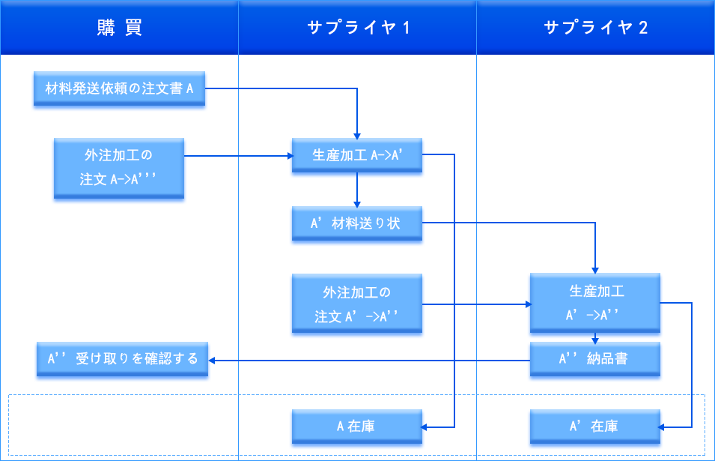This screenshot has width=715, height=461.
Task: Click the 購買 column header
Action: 120,28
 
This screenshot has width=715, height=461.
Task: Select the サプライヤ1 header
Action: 358,28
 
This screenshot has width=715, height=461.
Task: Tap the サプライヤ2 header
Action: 595,28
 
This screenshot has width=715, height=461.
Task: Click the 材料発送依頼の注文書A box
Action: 120,88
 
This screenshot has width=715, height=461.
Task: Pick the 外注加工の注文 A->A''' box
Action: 119,168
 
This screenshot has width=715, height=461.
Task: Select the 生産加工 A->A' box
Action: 357,155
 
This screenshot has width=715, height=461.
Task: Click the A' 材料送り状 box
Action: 357,223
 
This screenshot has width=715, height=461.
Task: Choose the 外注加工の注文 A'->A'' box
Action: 357,304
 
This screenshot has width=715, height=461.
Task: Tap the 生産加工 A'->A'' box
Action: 595,303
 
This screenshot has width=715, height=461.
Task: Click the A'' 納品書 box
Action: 595,359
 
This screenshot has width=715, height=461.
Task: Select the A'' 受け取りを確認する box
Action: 122,359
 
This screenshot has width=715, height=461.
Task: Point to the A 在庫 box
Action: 357,427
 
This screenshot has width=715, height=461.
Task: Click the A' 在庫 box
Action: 595,427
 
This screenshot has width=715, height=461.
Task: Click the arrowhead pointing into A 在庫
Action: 424,427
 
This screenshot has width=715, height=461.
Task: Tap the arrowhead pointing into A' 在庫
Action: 661,427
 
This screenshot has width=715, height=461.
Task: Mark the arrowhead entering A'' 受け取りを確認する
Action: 212,361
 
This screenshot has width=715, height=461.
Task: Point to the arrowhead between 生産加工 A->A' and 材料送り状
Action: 357,205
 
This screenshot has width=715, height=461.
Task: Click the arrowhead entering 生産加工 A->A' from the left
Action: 290,156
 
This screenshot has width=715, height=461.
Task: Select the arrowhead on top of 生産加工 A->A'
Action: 357,136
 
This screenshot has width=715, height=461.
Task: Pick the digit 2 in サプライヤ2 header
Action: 643,28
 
